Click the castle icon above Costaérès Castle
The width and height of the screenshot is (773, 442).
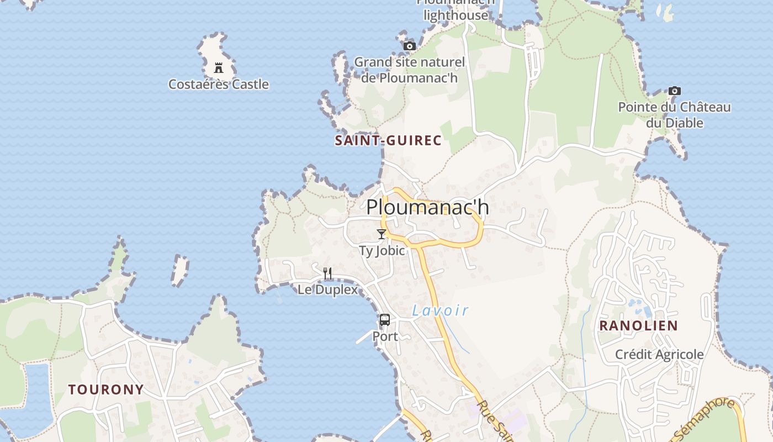219,68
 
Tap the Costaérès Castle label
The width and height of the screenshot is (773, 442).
219,85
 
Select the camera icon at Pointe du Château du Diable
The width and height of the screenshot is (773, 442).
674,91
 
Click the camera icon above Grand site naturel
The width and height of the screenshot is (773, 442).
409,46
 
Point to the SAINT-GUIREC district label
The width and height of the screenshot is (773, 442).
388,141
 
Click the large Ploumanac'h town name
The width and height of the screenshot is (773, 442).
427,207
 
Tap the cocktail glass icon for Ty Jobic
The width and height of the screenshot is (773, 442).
382,234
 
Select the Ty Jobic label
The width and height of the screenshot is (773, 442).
382,251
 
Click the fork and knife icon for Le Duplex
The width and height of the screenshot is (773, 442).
327,273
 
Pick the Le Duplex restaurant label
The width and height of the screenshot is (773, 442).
327,290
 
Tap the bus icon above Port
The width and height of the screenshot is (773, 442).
385,320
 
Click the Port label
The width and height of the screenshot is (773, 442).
385,336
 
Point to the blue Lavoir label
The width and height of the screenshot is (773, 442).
441,311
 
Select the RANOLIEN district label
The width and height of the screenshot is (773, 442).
638,326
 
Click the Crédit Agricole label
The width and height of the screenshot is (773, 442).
659,355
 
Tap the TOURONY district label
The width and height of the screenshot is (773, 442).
106,390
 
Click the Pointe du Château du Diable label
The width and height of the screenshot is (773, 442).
675,115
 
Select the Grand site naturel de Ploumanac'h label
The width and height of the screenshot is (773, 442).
409,70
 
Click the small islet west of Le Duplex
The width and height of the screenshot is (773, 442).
179,270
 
